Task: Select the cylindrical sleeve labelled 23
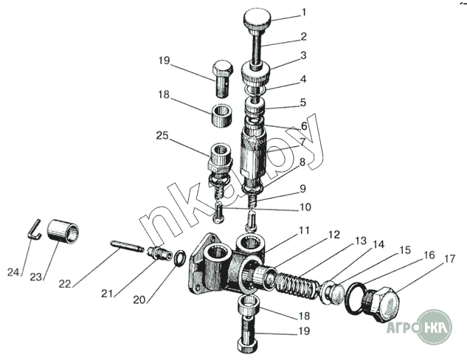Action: point(63,232)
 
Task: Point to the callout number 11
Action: point(303,231)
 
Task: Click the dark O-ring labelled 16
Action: point(358,297)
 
